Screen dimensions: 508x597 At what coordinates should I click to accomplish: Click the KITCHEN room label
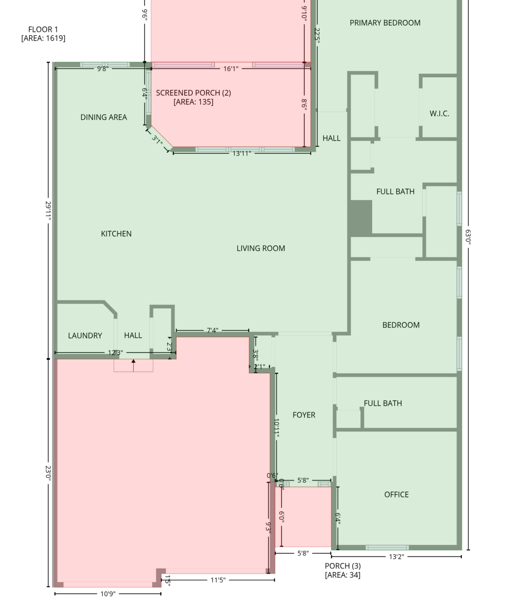116,234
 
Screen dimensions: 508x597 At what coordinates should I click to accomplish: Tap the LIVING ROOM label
261,248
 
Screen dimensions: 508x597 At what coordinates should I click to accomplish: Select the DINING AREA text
104,117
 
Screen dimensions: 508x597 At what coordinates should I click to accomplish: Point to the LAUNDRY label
85,336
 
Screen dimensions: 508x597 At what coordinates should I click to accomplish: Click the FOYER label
304,415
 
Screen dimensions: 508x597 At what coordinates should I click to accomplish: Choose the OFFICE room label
396,495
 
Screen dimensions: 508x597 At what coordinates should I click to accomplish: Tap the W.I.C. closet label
439,114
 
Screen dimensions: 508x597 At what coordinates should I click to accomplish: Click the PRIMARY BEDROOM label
385,23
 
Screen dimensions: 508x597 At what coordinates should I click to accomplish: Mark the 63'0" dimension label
468,237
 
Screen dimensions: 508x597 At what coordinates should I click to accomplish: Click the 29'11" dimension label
48,211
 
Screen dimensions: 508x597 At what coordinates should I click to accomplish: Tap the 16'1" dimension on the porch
231,69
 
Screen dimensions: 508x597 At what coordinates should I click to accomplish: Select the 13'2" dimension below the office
396,556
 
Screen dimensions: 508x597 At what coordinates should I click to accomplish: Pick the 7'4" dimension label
212,330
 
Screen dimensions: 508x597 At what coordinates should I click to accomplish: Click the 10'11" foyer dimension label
277,428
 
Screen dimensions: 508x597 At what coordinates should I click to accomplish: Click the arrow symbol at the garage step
133,365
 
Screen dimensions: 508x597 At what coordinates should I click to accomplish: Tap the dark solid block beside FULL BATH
361,218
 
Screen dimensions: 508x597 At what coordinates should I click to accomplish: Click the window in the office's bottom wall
387,547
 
